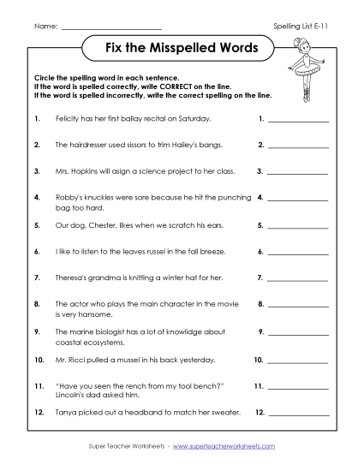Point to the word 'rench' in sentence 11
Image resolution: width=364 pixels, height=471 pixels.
[141, 386]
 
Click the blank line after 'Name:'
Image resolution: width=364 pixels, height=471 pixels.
[112, 27]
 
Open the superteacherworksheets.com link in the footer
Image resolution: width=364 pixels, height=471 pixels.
[226, 446]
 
